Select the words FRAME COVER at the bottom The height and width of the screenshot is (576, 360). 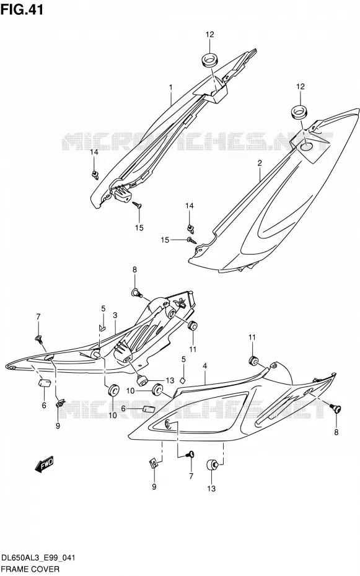[30, 569]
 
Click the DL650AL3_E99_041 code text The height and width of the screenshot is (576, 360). [38, 558]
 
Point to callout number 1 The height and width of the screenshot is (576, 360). [171, 87]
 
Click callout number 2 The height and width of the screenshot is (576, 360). [260, 163]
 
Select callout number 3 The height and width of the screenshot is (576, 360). [115, 315]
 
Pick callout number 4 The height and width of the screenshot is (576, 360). [204, 366]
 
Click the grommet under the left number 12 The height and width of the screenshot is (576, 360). [209, 61]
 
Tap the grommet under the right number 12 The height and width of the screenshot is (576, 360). [300, 112]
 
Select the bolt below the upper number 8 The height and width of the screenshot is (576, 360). [136, 293]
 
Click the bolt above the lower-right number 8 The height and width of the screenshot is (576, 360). [335, 408]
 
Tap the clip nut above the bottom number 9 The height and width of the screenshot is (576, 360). [154, 463]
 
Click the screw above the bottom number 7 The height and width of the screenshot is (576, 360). [191, 455]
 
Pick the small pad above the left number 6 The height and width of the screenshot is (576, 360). [44, 383]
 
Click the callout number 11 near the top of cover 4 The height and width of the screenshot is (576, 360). [252, 337]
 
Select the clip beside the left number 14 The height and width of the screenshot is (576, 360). [95, 175]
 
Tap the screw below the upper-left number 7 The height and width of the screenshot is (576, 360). [38, 339]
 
